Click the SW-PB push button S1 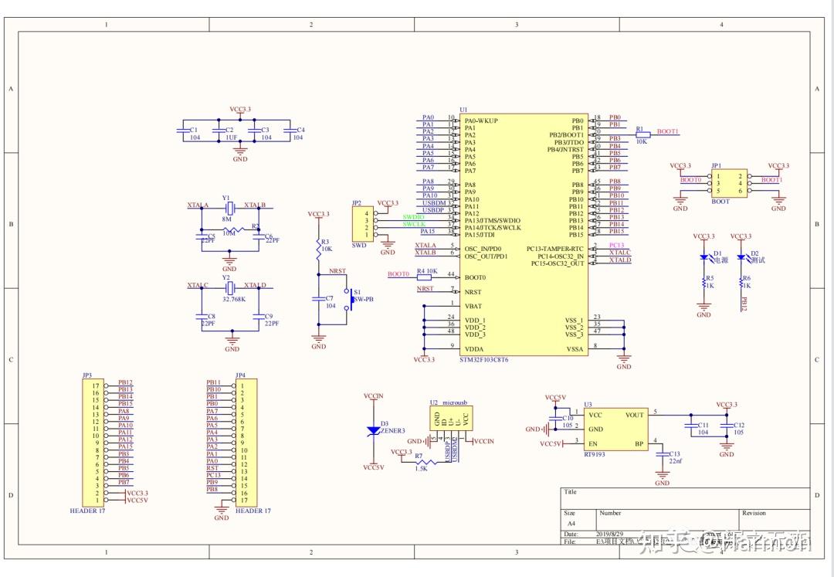[x=349, y=299]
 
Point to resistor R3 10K [x=318, y=246]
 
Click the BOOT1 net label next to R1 [x=668, y=132]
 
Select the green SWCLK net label [x=413, y=225]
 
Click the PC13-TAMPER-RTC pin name [x=555, y=249]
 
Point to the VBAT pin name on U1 [x=473, y=305]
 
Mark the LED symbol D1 [x=703, y=257]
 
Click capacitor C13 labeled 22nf [x=662, y=458]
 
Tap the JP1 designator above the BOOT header [x=716, y=165]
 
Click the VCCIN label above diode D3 [x=373, y=395]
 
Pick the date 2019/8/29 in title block [x=609, y=534]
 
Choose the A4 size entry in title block [x=571, y=523]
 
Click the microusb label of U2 [x=456, y=403]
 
